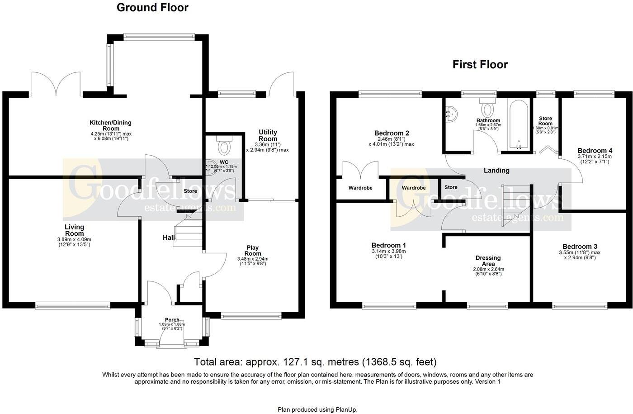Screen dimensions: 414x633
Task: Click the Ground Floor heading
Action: (152, 8)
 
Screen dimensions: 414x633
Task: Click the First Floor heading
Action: (480, 65)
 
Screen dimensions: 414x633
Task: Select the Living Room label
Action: (74, 230)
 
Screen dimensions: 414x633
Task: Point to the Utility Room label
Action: (268, 135)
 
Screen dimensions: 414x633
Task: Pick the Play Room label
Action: (252, 251)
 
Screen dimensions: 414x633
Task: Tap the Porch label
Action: (172, 319)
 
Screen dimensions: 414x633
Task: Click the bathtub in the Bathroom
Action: (518, 124)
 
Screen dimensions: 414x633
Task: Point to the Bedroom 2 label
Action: (392, 133)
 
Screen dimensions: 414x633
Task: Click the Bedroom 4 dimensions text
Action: (595, 159)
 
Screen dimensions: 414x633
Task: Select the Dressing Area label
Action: (488, 261)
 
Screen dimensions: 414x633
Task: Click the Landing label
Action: (496, 171)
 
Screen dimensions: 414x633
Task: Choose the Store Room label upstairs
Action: (545, 121)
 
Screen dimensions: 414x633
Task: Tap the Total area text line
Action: (315, 362)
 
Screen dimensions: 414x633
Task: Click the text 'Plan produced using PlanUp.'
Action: (317, 409)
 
